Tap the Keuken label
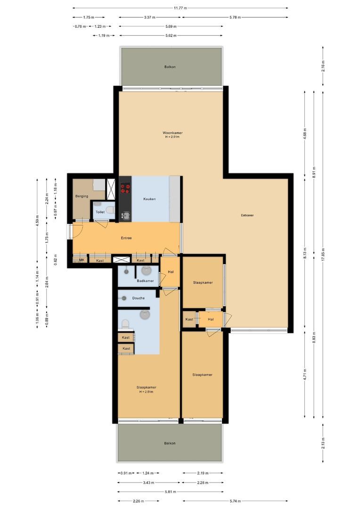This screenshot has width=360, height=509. tap(149, 199)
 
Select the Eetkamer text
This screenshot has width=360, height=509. tap(247, 215)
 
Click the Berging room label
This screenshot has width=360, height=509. tap(82, 196)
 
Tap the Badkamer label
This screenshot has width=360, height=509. tap(145, 281)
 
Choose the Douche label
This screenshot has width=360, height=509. tap(138, 298)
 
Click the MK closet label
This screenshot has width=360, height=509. tap(81, 260)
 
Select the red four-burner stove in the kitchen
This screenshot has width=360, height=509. tap(125, 189)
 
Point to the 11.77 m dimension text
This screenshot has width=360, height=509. tap(180, 8)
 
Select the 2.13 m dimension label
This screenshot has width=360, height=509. tap(323, 443)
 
